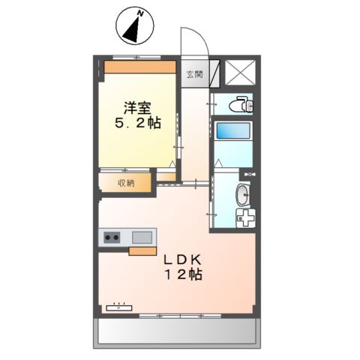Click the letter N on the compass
coord(140,13)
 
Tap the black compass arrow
coord(133,31)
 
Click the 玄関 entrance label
coord(195,74)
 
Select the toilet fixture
coord(241,104)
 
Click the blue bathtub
coord(233,130)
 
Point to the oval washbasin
coord(242,195)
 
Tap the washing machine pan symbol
coord(245,218)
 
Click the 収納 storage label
coord(126,183)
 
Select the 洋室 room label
coord(137,108)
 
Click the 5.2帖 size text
coord(138,123)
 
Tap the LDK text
coord(182,260)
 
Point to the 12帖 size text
coord(183,274)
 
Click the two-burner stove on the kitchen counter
coord(112,238)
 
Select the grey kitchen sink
coord(142,237)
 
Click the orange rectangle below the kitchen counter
coord(142,251)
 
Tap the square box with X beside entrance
coord(240,73)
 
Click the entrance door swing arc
coord(200,35)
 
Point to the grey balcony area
coord(177,331)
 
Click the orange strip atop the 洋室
coord(140,67)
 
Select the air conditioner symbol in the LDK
coord(119,307)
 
